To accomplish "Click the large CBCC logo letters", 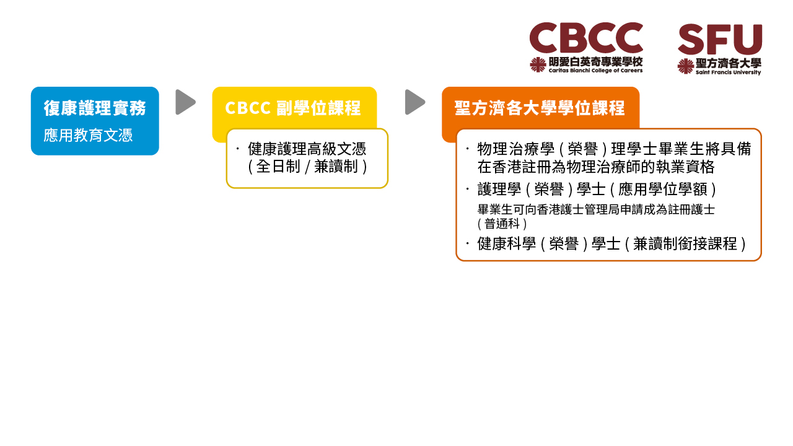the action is point(586,38).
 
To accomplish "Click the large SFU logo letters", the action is point(720,39).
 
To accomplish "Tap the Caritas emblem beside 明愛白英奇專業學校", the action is point(538,65).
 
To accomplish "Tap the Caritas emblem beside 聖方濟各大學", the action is point(685,66).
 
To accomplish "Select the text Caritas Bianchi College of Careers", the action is point(595,71).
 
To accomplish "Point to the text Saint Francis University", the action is point(728,72).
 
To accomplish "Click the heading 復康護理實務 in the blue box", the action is point(95,108).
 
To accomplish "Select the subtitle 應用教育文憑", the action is point(88,135).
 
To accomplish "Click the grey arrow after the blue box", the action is point(185,102).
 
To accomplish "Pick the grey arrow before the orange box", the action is point(415,102).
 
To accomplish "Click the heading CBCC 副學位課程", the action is point(293,108).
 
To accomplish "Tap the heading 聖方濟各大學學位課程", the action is point(540,108).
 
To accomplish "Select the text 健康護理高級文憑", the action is point(307,149).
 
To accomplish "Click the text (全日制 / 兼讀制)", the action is point(307,167).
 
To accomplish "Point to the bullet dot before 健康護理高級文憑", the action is point(237,149).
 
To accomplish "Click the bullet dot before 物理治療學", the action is point(467,149).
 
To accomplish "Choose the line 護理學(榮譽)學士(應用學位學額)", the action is point(597,189).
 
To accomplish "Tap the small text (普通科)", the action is point(502,224).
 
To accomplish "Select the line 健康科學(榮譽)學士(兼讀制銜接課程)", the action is point(611,243).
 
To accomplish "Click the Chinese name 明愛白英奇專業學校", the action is point(595,62).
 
